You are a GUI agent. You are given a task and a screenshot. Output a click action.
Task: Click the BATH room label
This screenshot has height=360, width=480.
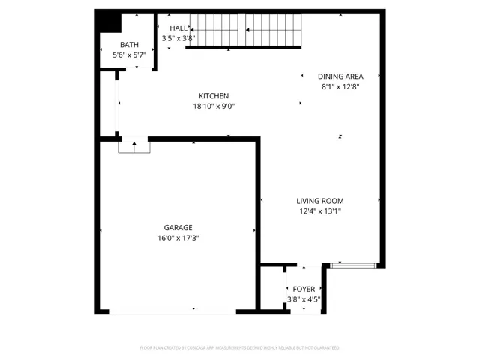[x=130, y=45]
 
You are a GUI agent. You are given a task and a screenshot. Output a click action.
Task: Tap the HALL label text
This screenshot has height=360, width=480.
[x=178, y=28]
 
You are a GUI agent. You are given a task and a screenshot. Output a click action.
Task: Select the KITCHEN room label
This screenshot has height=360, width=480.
[x=214, y=95]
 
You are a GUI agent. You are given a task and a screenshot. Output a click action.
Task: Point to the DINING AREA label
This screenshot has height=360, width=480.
[x=340, y=76]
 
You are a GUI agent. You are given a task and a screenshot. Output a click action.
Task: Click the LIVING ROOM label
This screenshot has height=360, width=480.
[x=319, y=200]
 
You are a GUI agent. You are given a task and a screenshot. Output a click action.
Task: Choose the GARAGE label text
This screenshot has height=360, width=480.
[x=178, y=227]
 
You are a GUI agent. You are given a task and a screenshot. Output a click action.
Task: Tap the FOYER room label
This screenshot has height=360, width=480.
[x=304, y=289]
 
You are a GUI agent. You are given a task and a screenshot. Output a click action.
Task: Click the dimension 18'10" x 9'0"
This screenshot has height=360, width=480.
[x=214, y=106]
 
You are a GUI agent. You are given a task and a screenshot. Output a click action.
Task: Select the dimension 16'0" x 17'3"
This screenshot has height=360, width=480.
[x=178, y=238]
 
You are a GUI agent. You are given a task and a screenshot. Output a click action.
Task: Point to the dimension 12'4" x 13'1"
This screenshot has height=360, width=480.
[x=319, y=211]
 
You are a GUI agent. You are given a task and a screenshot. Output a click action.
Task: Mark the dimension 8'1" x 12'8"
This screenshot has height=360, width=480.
[x=340, y=86]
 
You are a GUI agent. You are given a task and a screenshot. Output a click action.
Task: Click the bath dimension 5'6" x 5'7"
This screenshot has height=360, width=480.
[x=130, y=55]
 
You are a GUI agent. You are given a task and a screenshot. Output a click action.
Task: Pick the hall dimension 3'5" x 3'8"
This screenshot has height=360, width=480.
[x=178, y=38]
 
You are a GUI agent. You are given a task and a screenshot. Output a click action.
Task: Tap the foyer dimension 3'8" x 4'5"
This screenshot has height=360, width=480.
[x=304, y=299]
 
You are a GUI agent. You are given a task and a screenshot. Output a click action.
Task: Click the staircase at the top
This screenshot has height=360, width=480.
[x=243, y=32]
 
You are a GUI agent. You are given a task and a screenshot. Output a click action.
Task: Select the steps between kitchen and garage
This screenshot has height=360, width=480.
[x=134, y=146]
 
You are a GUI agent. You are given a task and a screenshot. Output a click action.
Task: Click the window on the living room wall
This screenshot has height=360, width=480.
[x=352, y=265]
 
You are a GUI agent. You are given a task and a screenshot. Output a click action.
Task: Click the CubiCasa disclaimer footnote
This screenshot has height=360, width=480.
[x=240, y=348]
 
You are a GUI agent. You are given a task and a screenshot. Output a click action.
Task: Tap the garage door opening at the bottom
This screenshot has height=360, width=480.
[x=172, y=311]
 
